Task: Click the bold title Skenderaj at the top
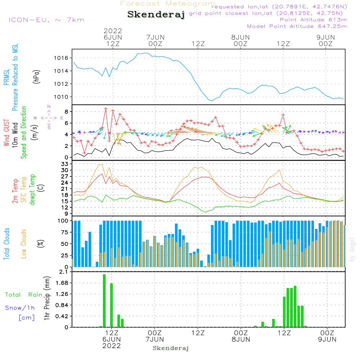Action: pyautogui.click(x=156, y=15)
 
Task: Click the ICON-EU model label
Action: pyautogui.click(x=46, y=20)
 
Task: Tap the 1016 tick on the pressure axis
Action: pyautogui.click(x=63, y=58)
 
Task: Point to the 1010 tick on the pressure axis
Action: pyautogui.click(x=63, y=97)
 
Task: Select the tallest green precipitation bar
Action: pyautogui.click(x=104, y=301)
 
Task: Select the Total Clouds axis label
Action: pyautogui.click(x=7, y=244)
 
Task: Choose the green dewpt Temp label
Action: pyautogui.click(x=32, y=190)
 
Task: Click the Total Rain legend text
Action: pyautogui.click(x=23, y=295)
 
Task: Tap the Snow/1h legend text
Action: pyautogui.click(x=20, y=308)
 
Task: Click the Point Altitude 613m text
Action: pyautogui.click(x=313, y=20)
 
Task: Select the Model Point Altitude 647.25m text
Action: pyautogui.click(x=297, y=26)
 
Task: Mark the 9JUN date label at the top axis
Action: pyautogui.click(x=325, y=37)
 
